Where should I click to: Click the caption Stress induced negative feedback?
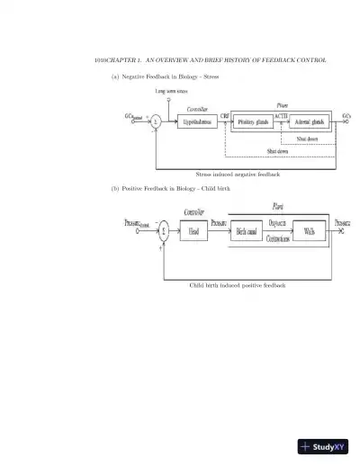[x=237, y=174]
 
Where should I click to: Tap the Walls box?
[x=309, y=231]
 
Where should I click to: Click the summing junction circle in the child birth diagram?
[x=164, y=231]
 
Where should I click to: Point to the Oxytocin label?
[x=278, y=224]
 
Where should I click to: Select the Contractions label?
[x=278, y=239]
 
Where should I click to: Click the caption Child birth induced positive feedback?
[x=237, y=285]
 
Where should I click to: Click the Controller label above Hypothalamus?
[x=196, y=105]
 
